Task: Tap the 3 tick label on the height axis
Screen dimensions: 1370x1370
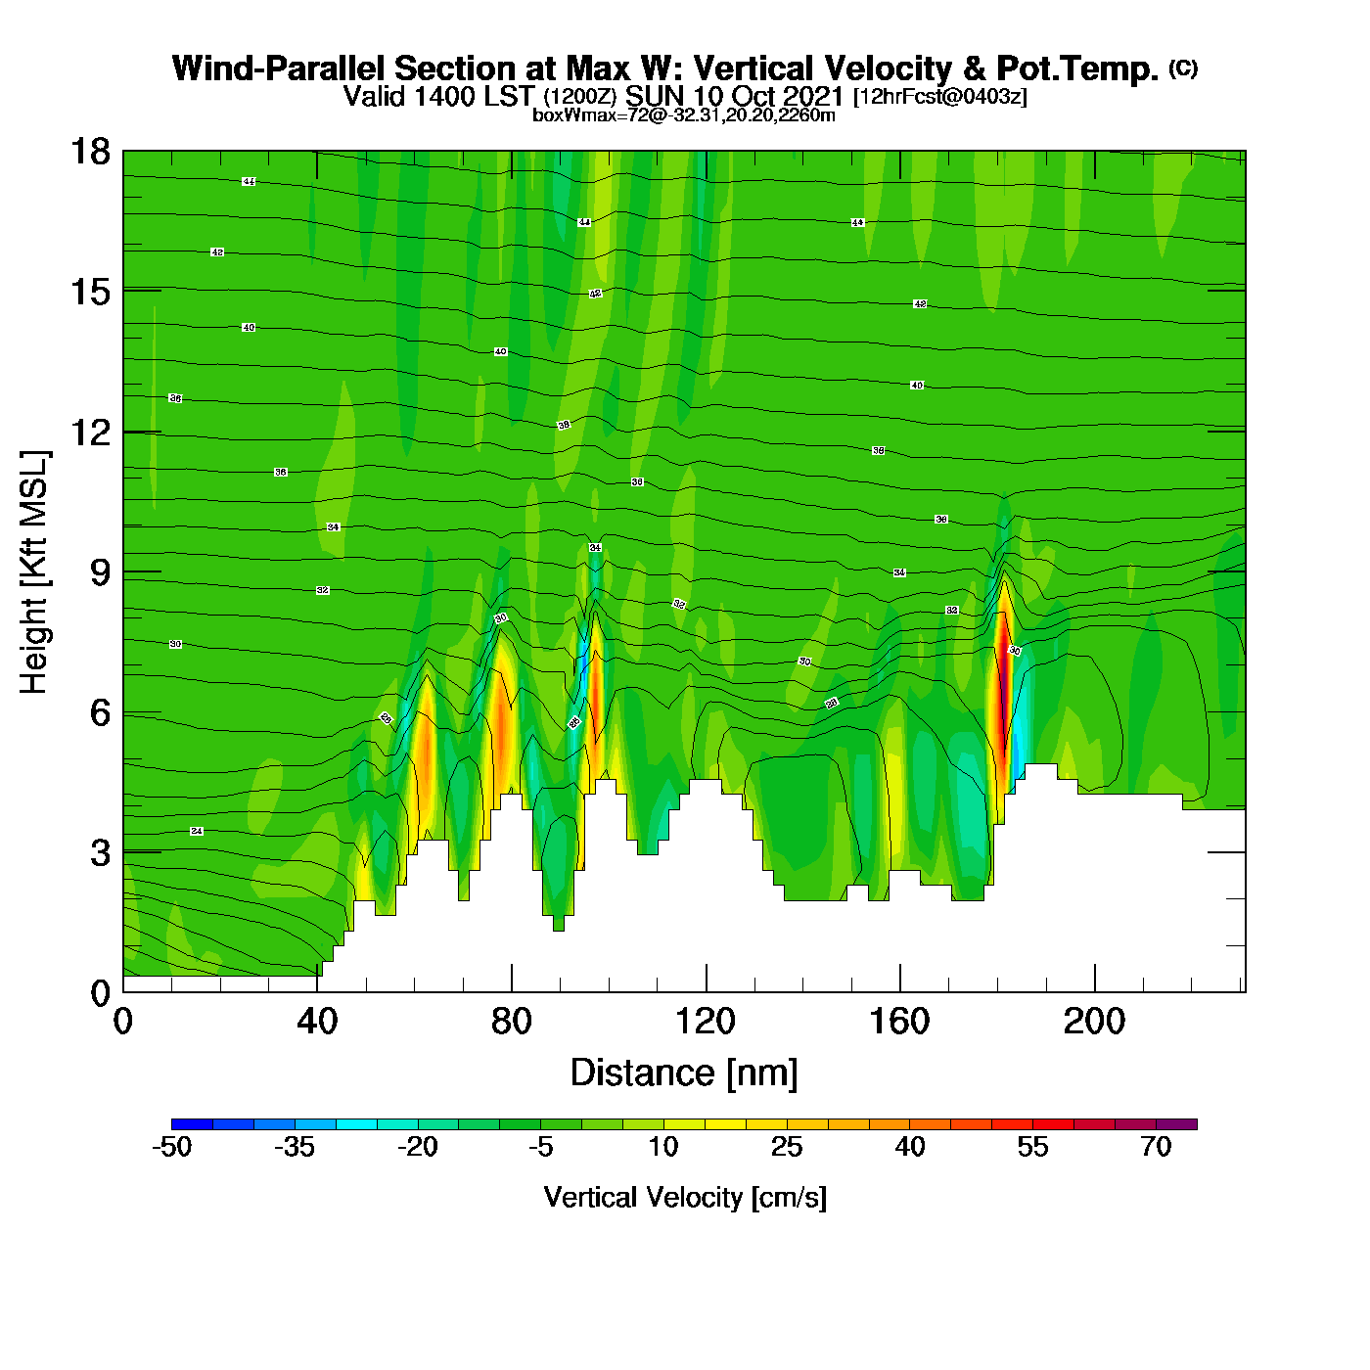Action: (100, 853)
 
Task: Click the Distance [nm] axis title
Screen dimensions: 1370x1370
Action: (684, 1073)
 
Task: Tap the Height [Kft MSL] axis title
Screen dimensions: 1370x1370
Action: (35, 572)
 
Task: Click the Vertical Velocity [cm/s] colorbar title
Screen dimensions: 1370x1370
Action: (685, 1198)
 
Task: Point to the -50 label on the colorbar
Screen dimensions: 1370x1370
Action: (171, 1148)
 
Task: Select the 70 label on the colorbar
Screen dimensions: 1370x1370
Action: (1156, 1148)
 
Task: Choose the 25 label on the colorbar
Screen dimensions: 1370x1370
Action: (787, 1148)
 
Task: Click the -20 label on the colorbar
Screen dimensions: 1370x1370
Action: (418, 1148)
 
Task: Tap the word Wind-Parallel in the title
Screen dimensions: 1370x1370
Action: (281, 69)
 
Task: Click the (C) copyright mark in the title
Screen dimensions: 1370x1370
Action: (1183, 68)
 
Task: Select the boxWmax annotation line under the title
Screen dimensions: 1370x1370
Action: (684, 115)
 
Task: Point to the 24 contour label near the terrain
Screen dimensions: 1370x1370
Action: (197, 831)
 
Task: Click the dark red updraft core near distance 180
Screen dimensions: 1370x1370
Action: (1001, 685)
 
